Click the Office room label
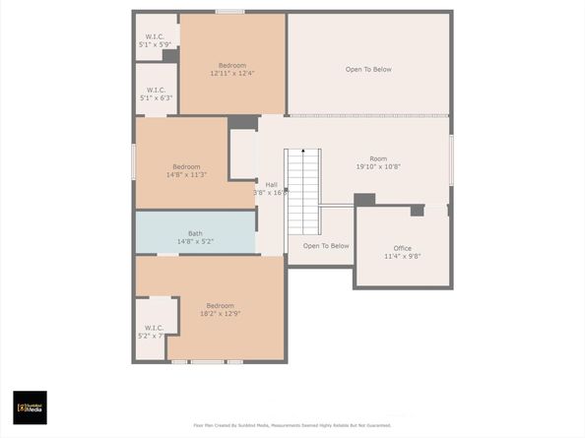(x=402, y=248)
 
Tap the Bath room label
(x=195, y=233)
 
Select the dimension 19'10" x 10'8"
(x=378, y=166)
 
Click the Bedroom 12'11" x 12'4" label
(x=232, y=66)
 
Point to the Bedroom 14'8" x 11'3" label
(x=186, y=166)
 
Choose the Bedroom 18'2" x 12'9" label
(x=220, y=305)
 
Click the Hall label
(x=271, y=185)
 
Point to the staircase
(x=303, y=191)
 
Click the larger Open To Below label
(x=368, y=69)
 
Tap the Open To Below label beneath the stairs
(x=326, y=246)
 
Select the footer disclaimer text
(x=292, y=425)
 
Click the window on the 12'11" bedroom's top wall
(x=229, y=12)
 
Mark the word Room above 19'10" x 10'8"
(x=378, y=158)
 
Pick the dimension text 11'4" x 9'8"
(x=402, y=256)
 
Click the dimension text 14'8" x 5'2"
(x=195, y=241)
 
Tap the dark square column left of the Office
(x=364, y=200)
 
